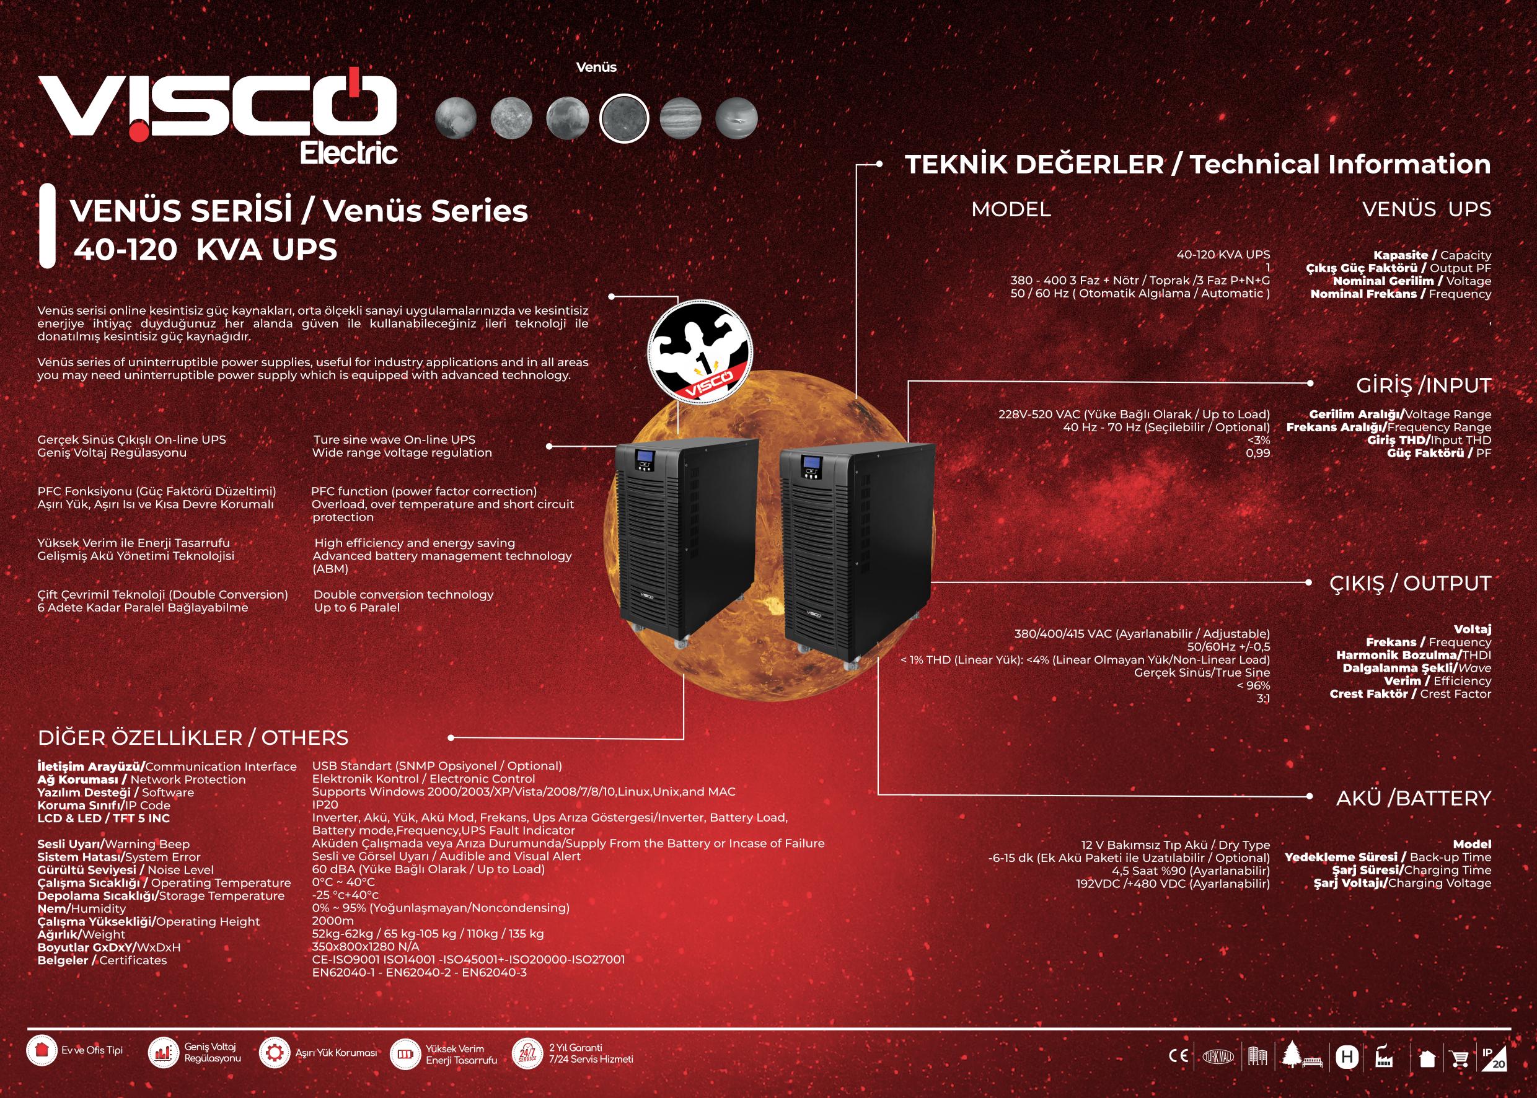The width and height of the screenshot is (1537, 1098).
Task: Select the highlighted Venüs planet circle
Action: [623, 118]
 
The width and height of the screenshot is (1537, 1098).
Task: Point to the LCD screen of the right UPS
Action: [810, 464]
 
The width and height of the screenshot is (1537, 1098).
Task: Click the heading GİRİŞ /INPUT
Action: [1423, 385]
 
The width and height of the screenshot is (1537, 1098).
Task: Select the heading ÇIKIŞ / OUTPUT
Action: [1410, 583]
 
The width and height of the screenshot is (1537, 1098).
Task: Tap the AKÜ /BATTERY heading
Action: [1413, 799]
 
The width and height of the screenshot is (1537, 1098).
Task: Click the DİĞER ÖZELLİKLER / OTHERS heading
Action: [193, 737]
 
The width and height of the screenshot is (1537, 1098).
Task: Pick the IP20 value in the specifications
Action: [325, 804]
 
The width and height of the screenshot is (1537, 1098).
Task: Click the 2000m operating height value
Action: [333, 921]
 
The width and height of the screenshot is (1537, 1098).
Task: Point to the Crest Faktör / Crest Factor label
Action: [1410, 694]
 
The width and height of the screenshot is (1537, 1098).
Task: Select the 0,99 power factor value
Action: [1257, 453]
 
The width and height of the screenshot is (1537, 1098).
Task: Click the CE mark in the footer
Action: [1179, 1055]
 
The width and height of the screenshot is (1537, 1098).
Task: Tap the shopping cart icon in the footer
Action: [1460, 1058]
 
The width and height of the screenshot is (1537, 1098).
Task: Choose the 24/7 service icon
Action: [527, 1054]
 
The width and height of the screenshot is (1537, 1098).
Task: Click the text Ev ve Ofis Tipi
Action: [92, 1051]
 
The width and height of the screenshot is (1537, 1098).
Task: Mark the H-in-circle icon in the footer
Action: [1346, 1056]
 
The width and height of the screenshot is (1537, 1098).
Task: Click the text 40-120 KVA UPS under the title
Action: [206, 250]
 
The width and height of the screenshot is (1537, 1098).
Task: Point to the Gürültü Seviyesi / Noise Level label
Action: [125, 870]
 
